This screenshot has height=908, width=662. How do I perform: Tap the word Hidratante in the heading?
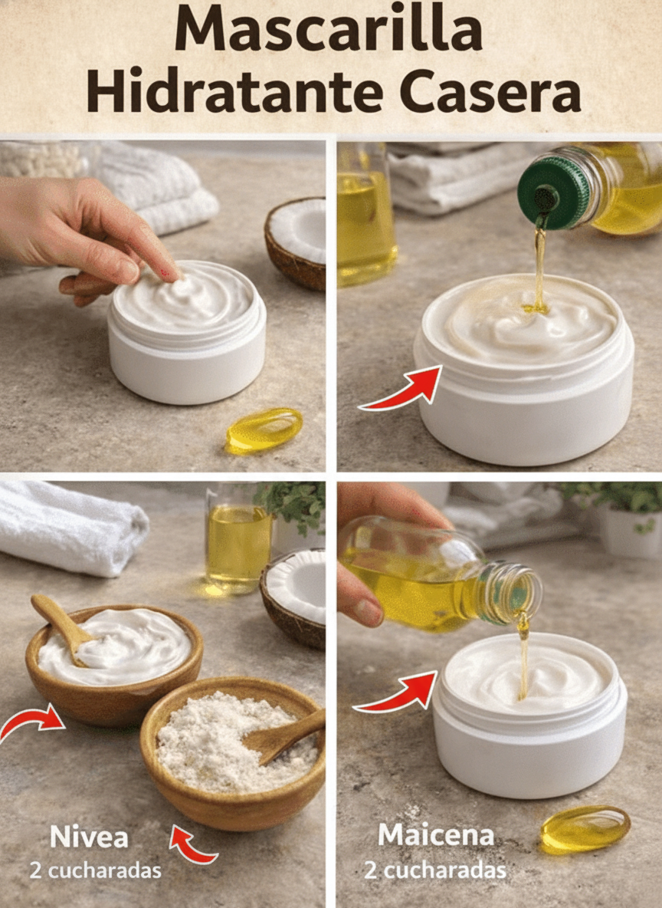point(234,90)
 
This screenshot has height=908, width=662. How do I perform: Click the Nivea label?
point(89,837)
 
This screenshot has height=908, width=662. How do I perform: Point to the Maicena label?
point(436,835)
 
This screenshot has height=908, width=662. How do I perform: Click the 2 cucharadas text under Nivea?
point(96,870)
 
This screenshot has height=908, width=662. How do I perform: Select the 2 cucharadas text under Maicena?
point(435,870)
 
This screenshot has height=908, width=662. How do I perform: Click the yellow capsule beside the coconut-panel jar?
point(264,430)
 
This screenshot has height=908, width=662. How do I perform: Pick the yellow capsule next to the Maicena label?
point(585,829)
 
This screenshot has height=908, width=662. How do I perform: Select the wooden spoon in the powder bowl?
point(283,735)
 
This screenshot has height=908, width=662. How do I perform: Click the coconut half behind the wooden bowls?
point(293,597)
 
